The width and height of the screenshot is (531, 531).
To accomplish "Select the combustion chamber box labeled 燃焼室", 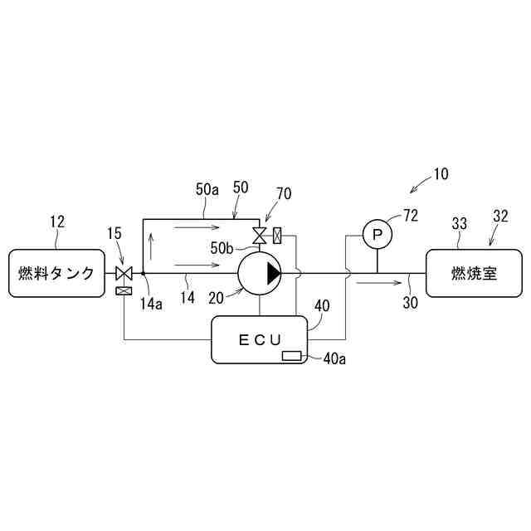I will (475, 272).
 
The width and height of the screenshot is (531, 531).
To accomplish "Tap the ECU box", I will (260, 339).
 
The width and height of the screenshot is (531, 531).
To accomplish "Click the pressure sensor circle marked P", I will (378, 236).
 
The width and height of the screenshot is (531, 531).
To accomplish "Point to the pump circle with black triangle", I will (260, 272).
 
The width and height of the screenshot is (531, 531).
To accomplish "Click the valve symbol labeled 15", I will (124, 273).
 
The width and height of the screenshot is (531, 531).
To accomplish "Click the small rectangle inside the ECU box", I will (292, 356).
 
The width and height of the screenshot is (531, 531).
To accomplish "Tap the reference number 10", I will (440, 175).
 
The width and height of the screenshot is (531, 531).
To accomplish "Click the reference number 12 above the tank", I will (56, 222).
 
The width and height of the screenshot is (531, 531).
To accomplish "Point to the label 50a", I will (207, 190).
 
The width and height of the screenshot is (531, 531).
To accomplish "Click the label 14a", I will (151, 304).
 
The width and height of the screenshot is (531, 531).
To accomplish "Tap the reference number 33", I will (460, 223).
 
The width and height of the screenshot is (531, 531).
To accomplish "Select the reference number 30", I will (410, 303).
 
